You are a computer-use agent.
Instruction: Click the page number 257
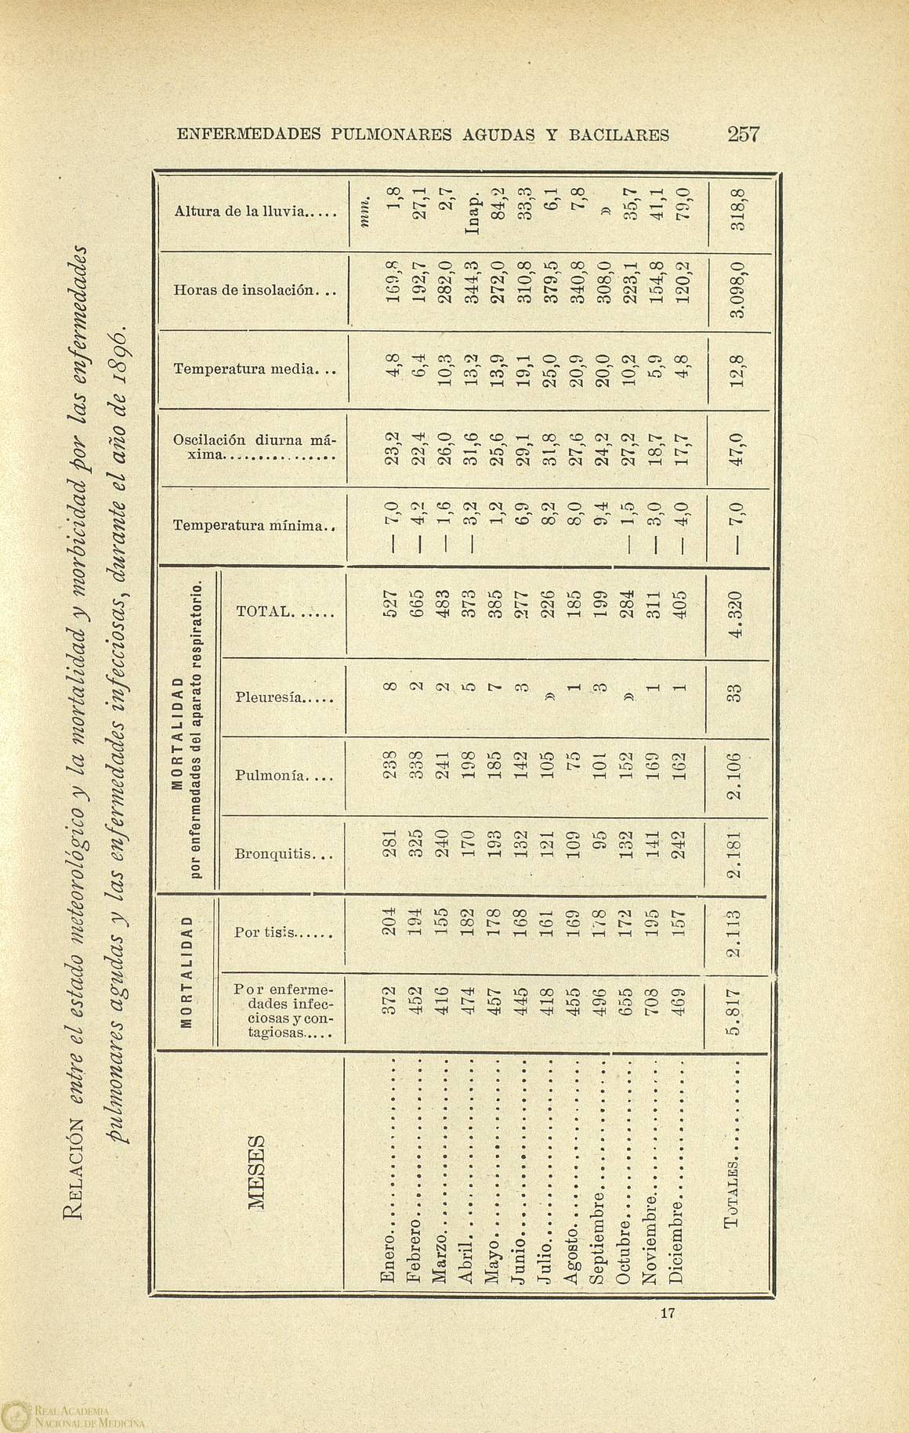[x=743, y=134]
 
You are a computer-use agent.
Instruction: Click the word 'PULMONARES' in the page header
[x=392, y=134]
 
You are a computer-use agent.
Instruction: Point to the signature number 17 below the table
[x=667, y=1312]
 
